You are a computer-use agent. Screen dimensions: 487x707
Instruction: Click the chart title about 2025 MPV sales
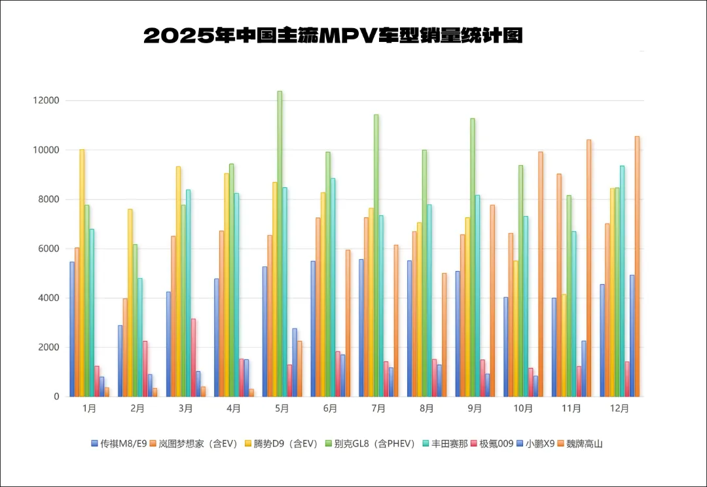tap(333, 35)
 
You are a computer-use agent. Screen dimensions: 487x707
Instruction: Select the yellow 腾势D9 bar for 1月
tap(82, 273)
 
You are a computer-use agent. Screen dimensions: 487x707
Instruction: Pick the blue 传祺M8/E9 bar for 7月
tap(361, 328)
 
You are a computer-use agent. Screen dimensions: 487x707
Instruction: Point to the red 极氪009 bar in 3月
tap(193, 357)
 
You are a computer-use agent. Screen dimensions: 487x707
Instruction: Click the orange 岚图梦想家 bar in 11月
tap(559, 285)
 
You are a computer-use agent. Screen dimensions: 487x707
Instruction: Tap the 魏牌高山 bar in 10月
tap(540, 274)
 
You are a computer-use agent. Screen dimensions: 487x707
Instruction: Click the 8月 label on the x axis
tap(427, 408)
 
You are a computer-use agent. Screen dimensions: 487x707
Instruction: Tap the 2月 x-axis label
tap(137, 408)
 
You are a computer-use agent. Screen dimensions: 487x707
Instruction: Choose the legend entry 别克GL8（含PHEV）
tap(384, 444)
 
